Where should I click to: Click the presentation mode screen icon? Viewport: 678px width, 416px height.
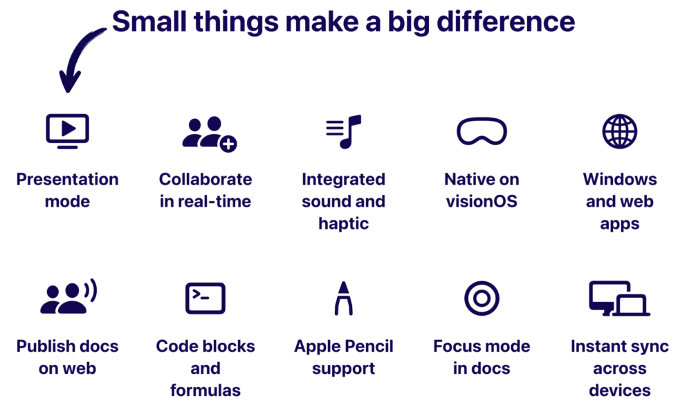click(x=67, y=131)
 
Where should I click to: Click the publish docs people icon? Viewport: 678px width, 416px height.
click(x=68, y=298)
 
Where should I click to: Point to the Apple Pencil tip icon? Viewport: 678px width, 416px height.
click(x=344, y=299)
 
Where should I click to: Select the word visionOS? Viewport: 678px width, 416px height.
click(x=482, y=202)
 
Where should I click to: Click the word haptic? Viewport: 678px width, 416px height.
click(x=344, y=224)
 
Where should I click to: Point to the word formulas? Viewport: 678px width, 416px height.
click(x=205, y=390)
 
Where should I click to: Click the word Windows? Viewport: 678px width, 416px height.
click(x=620, y=180)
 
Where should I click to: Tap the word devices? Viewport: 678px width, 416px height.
click(x=620, y=390)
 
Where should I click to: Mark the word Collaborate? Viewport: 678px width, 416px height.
click(x=205, y=180)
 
